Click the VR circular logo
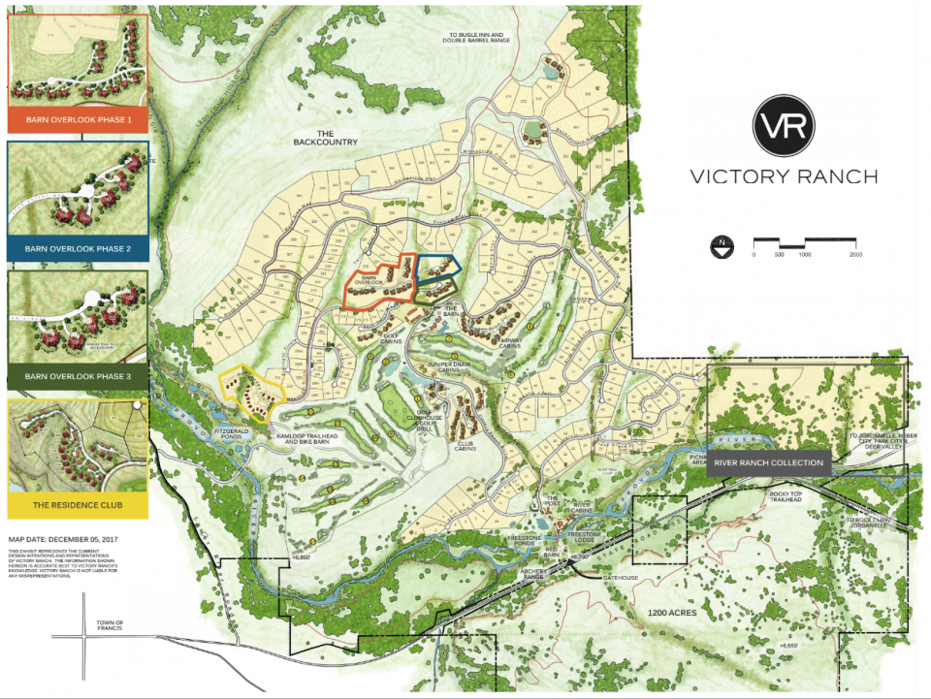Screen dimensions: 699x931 click(784, 125)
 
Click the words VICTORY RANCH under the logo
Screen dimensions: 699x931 click(784, 176)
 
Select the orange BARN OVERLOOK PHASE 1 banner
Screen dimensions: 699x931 click(78, 121)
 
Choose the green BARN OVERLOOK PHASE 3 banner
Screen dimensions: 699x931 click(78, 375)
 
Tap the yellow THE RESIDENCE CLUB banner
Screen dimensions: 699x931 click(78, 504)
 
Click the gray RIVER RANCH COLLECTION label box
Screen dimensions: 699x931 click(769, 462)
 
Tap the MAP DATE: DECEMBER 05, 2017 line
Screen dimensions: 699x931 click(62, 536)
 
